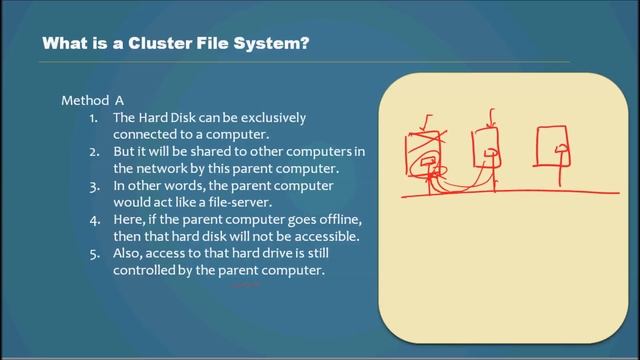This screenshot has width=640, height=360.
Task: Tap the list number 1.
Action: (92, 118)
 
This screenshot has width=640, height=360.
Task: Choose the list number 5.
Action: (92, 254)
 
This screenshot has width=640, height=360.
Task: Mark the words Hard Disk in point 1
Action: (169, 118)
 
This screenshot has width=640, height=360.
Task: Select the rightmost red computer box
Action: (556, 146)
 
